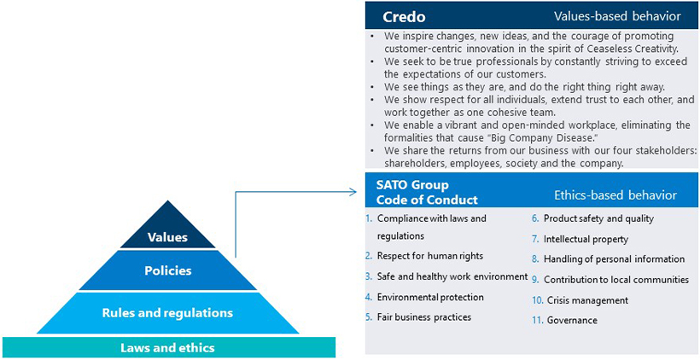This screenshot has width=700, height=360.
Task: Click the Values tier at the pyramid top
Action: (166, 236)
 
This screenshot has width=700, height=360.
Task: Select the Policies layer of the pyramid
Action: (166, 270)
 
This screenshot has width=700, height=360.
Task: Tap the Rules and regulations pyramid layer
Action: (166, 312)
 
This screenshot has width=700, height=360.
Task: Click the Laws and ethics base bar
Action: (166, 347)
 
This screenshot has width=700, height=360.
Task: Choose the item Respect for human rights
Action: (429, 256)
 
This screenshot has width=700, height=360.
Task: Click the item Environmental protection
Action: (429, 297)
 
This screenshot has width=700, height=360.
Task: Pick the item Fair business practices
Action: (423, 317)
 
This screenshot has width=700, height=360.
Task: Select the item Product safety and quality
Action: (598, 218)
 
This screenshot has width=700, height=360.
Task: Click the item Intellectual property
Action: (585, 239)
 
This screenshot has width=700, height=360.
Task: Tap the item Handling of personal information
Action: (613, 259)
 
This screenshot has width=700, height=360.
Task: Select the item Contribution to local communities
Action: (615, 280)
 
